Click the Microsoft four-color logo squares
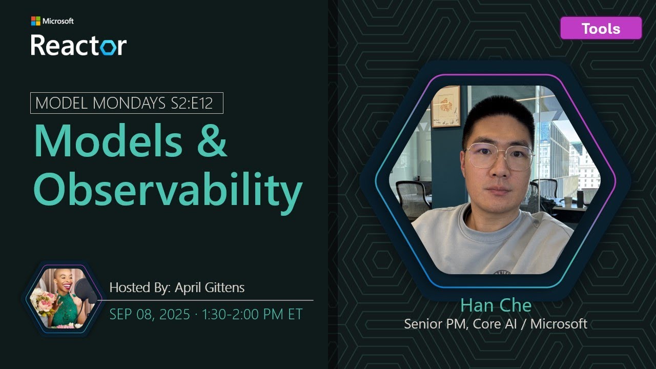click(35, 21)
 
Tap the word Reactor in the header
click(78, 45)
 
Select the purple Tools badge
click(601, 28)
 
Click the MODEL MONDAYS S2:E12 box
click(127, 103)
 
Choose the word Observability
click(168, 190)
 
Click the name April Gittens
click(210, 288)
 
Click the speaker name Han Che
click(496, 306)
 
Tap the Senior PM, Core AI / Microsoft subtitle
click(496, 324)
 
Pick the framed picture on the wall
click(445, 106)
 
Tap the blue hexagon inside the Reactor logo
click(108, 48)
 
